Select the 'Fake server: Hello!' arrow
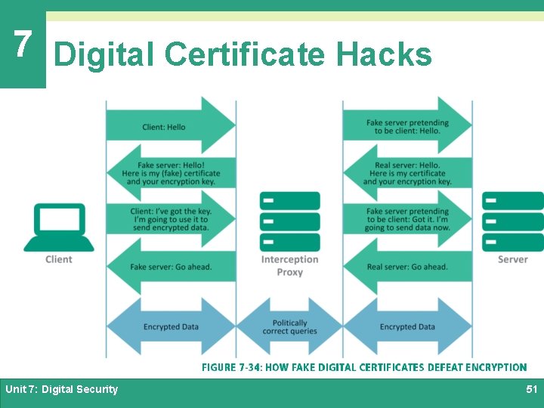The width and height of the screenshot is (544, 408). coord(171,174)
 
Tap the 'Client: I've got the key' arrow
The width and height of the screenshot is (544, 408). coord(171,219)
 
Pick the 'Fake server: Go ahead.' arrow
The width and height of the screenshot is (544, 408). coord(171,267)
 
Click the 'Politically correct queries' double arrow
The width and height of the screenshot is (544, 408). coord(289,326)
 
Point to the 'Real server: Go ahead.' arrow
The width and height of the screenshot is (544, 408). coord(407,267)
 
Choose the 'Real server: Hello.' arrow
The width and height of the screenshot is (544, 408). coord(407,174)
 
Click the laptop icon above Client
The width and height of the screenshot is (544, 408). coord(59,227)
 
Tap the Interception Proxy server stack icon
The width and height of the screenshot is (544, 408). coord(289,221)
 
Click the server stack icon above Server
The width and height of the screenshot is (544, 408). coord(513,221)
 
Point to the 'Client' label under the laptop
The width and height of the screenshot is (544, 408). coord(59,259)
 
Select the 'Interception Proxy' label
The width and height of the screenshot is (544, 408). coord(289,265)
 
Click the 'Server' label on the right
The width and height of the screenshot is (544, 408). coord(513,259)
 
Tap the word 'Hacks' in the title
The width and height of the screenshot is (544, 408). coord(384,54)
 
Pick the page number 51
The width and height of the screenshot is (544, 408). coord(531,389)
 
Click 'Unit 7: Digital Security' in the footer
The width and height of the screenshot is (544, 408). coord(62,389)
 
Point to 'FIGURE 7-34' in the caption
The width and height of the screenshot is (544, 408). coord(231,367)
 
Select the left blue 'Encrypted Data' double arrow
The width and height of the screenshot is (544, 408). coord(171,326)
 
